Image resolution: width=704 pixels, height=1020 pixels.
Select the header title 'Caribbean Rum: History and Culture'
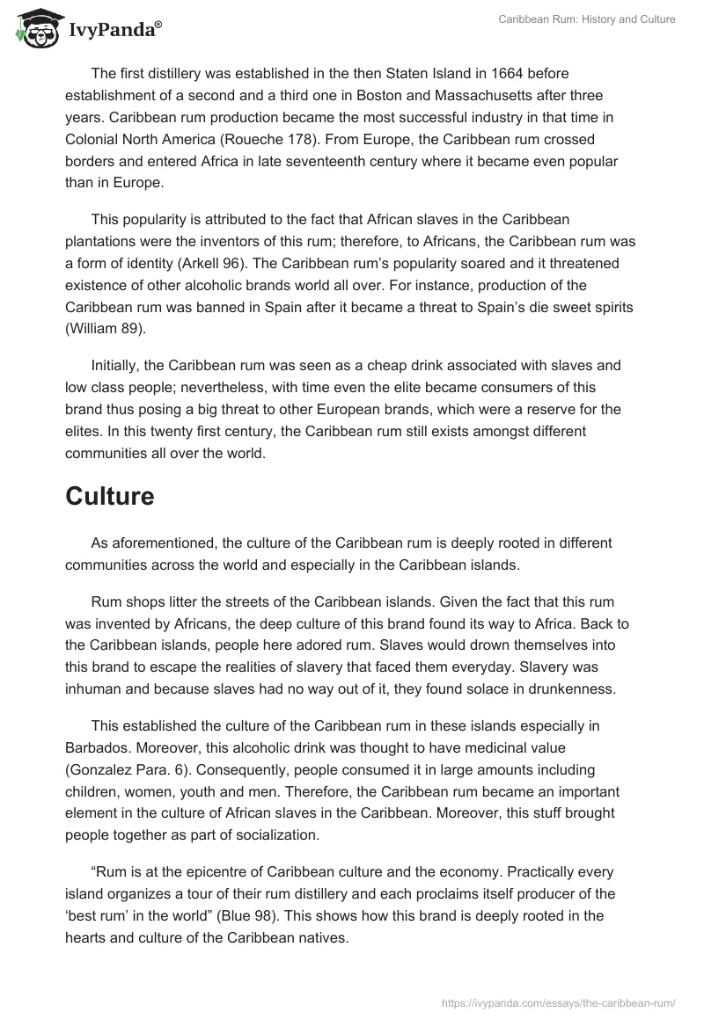tap(586, 19)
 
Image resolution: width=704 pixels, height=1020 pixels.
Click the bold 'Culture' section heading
tap(110, 496)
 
